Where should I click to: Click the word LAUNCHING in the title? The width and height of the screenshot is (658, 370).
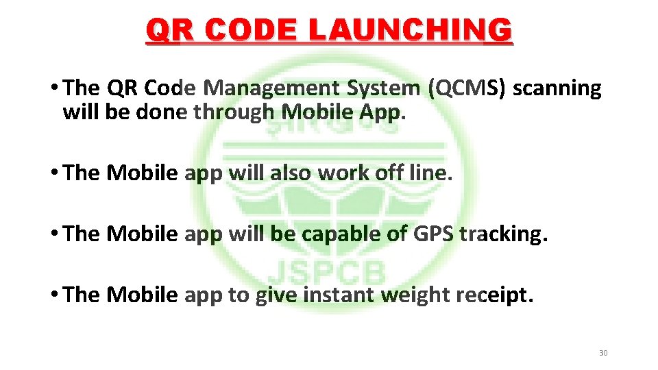(409, 31)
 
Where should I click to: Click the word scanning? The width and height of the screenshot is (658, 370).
(557, 88)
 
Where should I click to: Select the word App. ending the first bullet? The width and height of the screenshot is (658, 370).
(382, 112)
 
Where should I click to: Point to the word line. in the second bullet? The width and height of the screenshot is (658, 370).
(430, 173)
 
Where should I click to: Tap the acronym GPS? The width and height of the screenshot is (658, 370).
(433, 234)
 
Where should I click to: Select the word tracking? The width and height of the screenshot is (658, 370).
(503, 234)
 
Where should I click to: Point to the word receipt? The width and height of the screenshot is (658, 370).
(492, 295)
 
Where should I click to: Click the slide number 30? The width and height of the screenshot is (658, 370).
(603, 353)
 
